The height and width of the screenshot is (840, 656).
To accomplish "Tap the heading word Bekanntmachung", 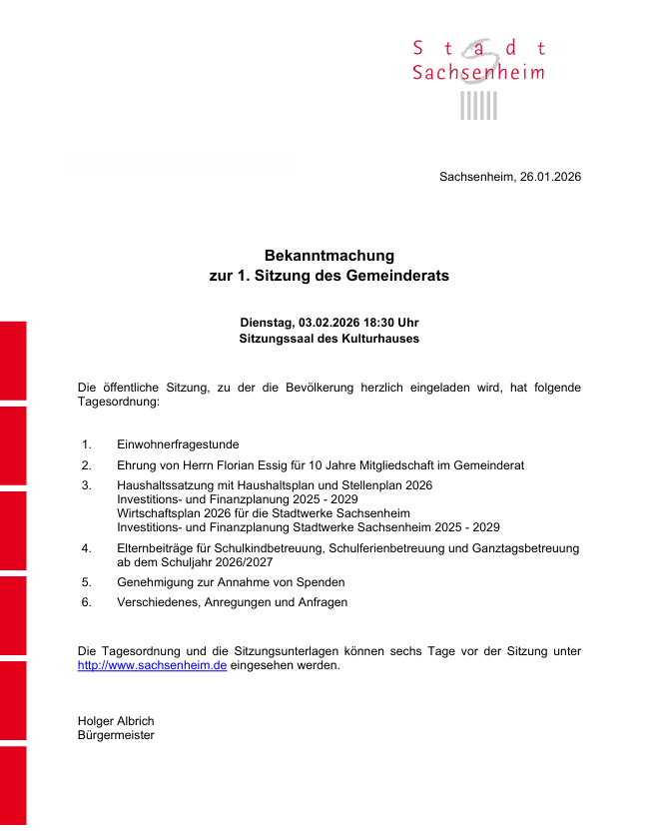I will tap(329, 256).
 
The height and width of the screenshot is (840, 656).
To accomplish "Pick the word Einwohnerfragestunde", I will tap(178, 444).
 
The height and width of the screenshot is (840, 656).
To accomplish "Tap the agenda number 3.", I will tap(87, 485).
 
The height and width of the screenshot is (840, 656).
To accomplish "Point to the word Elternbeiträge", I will tap(157, 548).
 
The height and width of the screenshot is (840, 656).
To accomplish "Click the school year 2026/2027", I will tap(239, 562).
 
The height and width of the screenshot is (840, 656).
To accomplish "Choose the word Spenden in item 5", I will tap(320, 582).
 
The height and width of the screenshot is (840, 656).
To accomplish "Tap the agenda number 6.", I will tap(87, 602).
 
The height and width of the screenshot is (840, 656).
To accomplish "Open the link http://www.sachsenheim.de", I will tap(152, 665).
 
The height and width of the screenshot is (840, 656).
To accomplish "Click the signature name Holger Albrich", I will tap(116, 721).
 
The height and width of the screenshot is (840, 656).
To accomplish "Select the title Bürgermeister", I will tap(116, 735).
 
